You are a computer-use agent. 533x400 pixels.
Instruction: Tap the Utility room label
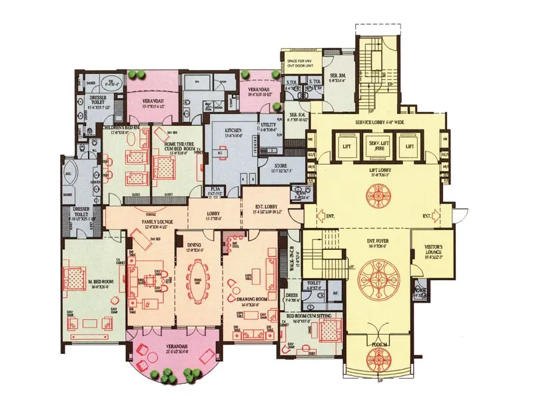pyautogui.click(x=268, y=125)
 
